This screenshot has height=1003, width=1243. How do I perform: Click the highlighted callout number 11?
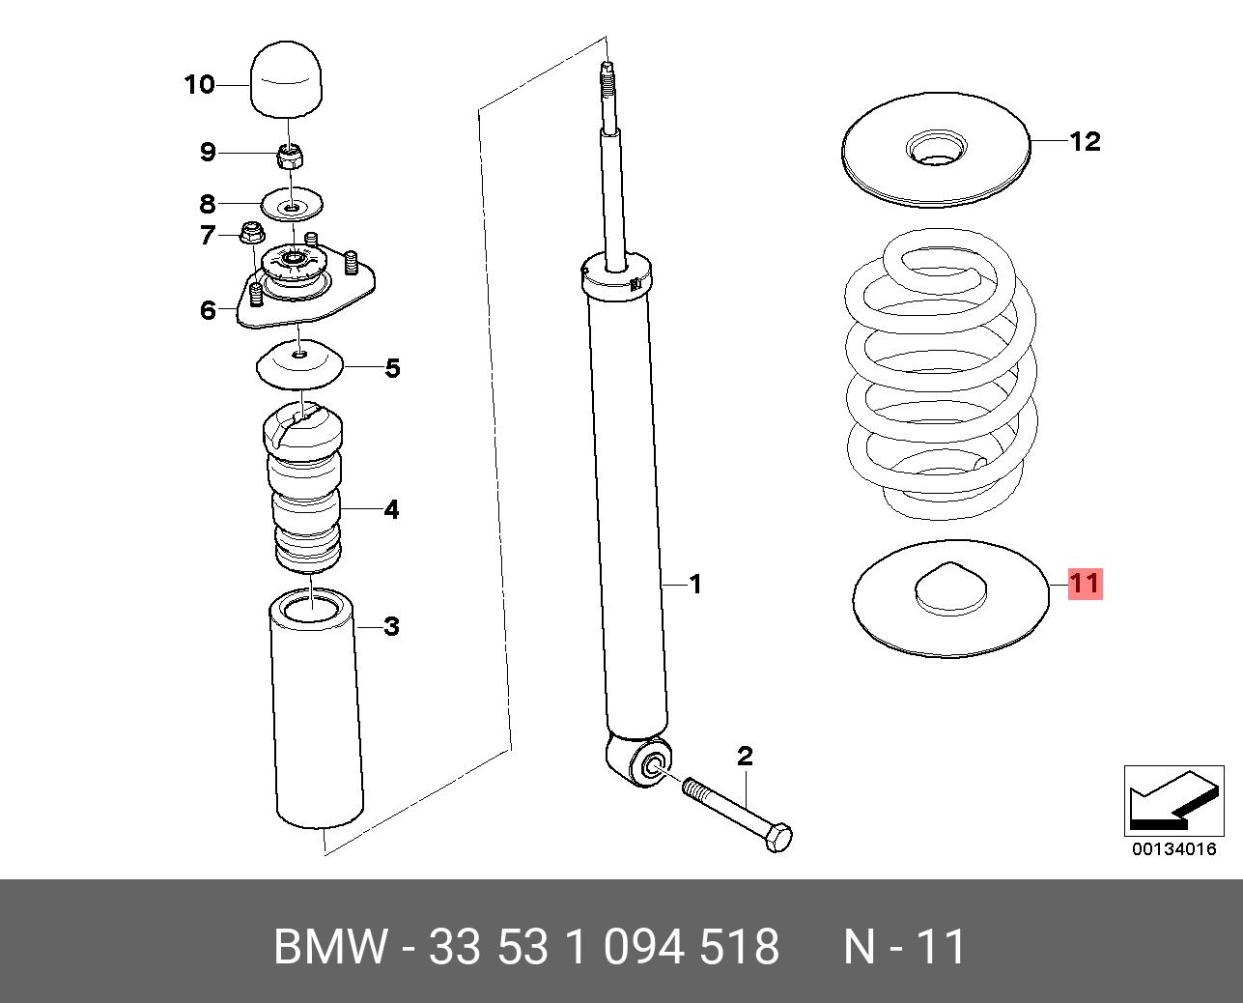tap(1084, 584)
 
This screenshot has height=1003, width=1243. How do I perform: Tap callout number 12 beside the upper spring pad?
tap(1085, 142)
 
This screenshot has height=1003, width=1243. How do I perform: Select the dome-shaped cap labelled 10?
tap(289, 78)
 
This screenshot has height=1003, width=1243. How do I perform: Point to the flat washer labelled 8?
tap(293, 205)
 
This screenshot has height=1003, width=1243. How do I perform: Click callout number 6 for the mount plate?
tap(208, 310)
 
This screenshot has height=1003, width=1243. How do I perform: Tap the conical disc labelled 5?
tap(300, 364)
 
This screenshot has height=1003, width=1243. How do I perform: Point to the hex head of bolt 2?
tap(777, 837)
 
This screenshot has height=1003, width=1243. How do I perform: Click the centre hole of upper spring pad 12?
tap(935, 149)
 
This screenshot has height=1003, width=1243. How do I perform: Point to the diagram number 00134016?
tap(1173, 849)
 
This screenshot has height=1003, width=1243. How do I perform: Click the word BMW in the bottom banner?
tap(330, 947)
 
